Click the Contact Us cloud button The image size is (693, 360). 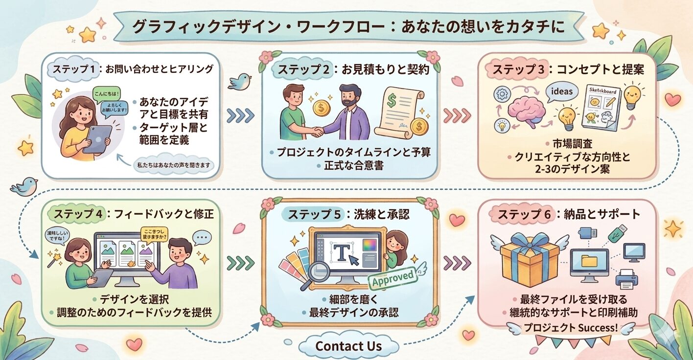(x=348, y=346)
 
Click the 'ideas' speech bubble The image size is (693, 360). (x=561, y=91)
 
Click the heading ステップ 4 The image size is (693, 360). (x=78, y=214)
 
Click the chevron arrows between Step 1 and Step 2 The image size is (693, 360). (x=241, y=115)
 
